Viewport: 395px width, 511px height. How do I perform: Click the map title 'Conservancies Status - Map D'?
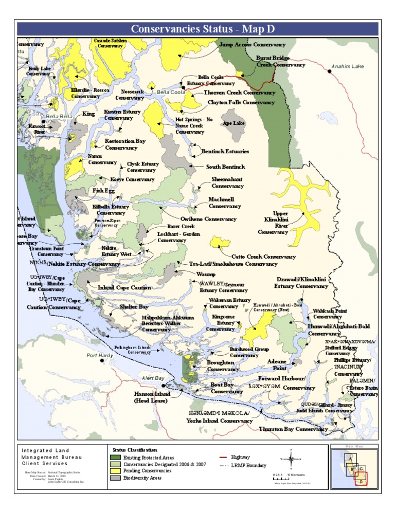pos(197,29)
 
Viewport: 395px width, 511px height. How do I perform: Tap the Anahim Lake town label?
pos(348,66)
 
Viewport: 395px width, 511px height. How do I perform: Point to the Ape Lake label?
pos(234,123)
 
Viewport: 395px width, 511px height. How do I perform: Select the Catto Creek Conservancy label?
pos(263,256)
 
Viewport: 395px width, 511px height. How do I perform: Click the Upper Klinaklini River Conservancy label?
pos(280,223)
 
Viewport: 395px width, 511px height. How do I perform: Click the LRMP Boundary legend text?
pos(249,465)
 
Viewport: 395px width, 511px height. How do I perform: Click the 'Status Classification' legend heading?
pos(134,450)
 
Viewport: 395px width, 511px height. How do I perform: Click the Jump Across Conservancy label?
pos(252,45)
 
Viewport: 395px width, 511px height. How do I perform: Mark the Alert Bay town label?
pos(153,378)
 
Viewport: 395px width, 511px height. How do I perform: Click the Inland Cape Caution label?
pos(124,288)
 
